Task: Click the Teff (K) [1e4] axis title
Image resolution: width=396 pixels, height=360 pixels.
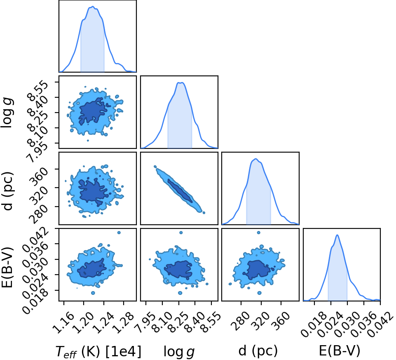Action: coord(98,352)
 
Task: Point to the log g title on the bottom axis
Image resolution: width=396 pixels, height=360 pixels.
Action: coord(179,352)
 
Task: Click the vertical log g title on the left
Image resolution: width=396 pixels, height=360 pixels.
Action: coord(7,113)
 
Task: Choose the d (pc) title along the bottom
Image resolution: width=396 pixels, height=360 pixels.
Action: coord(258,351)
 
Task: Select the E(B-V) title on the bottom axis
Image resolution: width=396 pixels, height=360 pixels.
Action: coord(340,351)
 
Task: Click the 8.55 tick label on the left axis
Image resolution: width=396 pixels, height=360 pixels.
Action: coord(38,90)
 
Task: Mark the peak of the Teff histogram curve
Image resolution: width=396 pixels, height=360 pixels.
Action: coord(93,7)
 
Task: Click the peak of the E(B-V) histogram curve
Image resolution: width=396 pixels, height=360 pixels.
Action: coord(337,235)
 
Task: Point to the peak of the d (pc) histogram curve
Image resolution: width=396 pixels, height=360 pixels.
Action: coord(256,159)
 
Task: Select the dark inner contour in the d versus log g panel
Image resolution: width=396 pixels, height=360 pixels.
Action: coord(180,191)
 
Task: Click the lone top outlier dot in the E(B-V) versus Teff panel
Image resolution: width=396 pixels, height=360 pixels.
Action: coord(119,233)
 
